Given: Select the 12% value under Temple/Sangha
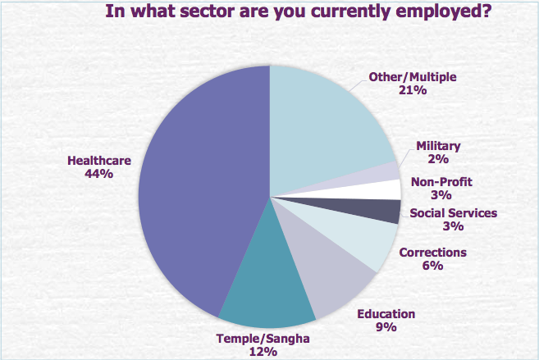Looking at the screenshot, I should [x=263, y=352].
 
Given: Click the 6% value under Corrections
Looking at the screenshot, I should [x=432, y=266].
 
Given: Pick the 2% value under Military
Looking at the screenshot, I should [x=438, y=159].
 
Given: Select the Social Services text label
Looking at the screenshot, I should [x=454, y=214].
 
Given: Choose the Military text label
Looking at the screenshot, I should [x=438, y=146].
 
